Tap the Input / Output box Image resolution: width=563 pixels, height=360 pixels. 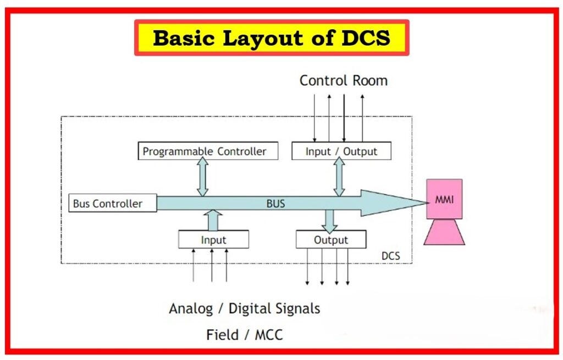pos(341,151)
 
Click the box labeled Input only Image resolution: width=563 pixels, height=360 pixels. pos(213,240)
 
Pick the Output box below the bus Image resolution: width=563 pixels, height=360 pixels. pos(330,240)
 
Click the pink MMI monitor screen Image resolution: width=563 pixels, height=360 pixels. pos(444,199)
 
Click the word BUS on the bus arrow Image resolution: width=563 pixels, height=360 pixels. pos(275,203)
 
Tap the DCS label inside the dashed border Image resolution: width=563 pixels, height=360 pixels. pos(390,256)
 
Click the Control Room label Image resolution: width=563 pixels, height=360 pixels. pos(343,81)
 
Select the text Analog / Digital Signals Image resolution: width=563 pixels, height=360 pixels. pos(244,308)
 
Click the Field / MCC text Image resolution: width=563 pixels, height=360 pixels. pos(244,334)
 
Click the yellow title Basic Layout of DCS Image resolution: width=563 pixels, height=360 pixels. pos(272,38)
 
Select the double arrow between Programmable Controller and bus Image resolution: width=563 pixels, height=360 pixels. pos(203,177)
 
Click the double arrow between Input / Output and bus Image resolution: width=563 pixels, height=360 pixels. pos(339,177)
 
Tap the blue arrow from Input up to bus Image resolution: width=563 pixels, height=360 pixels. pos(213,220)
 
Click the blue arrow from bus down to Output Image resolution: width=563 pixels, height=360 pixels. pos(329,221)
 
